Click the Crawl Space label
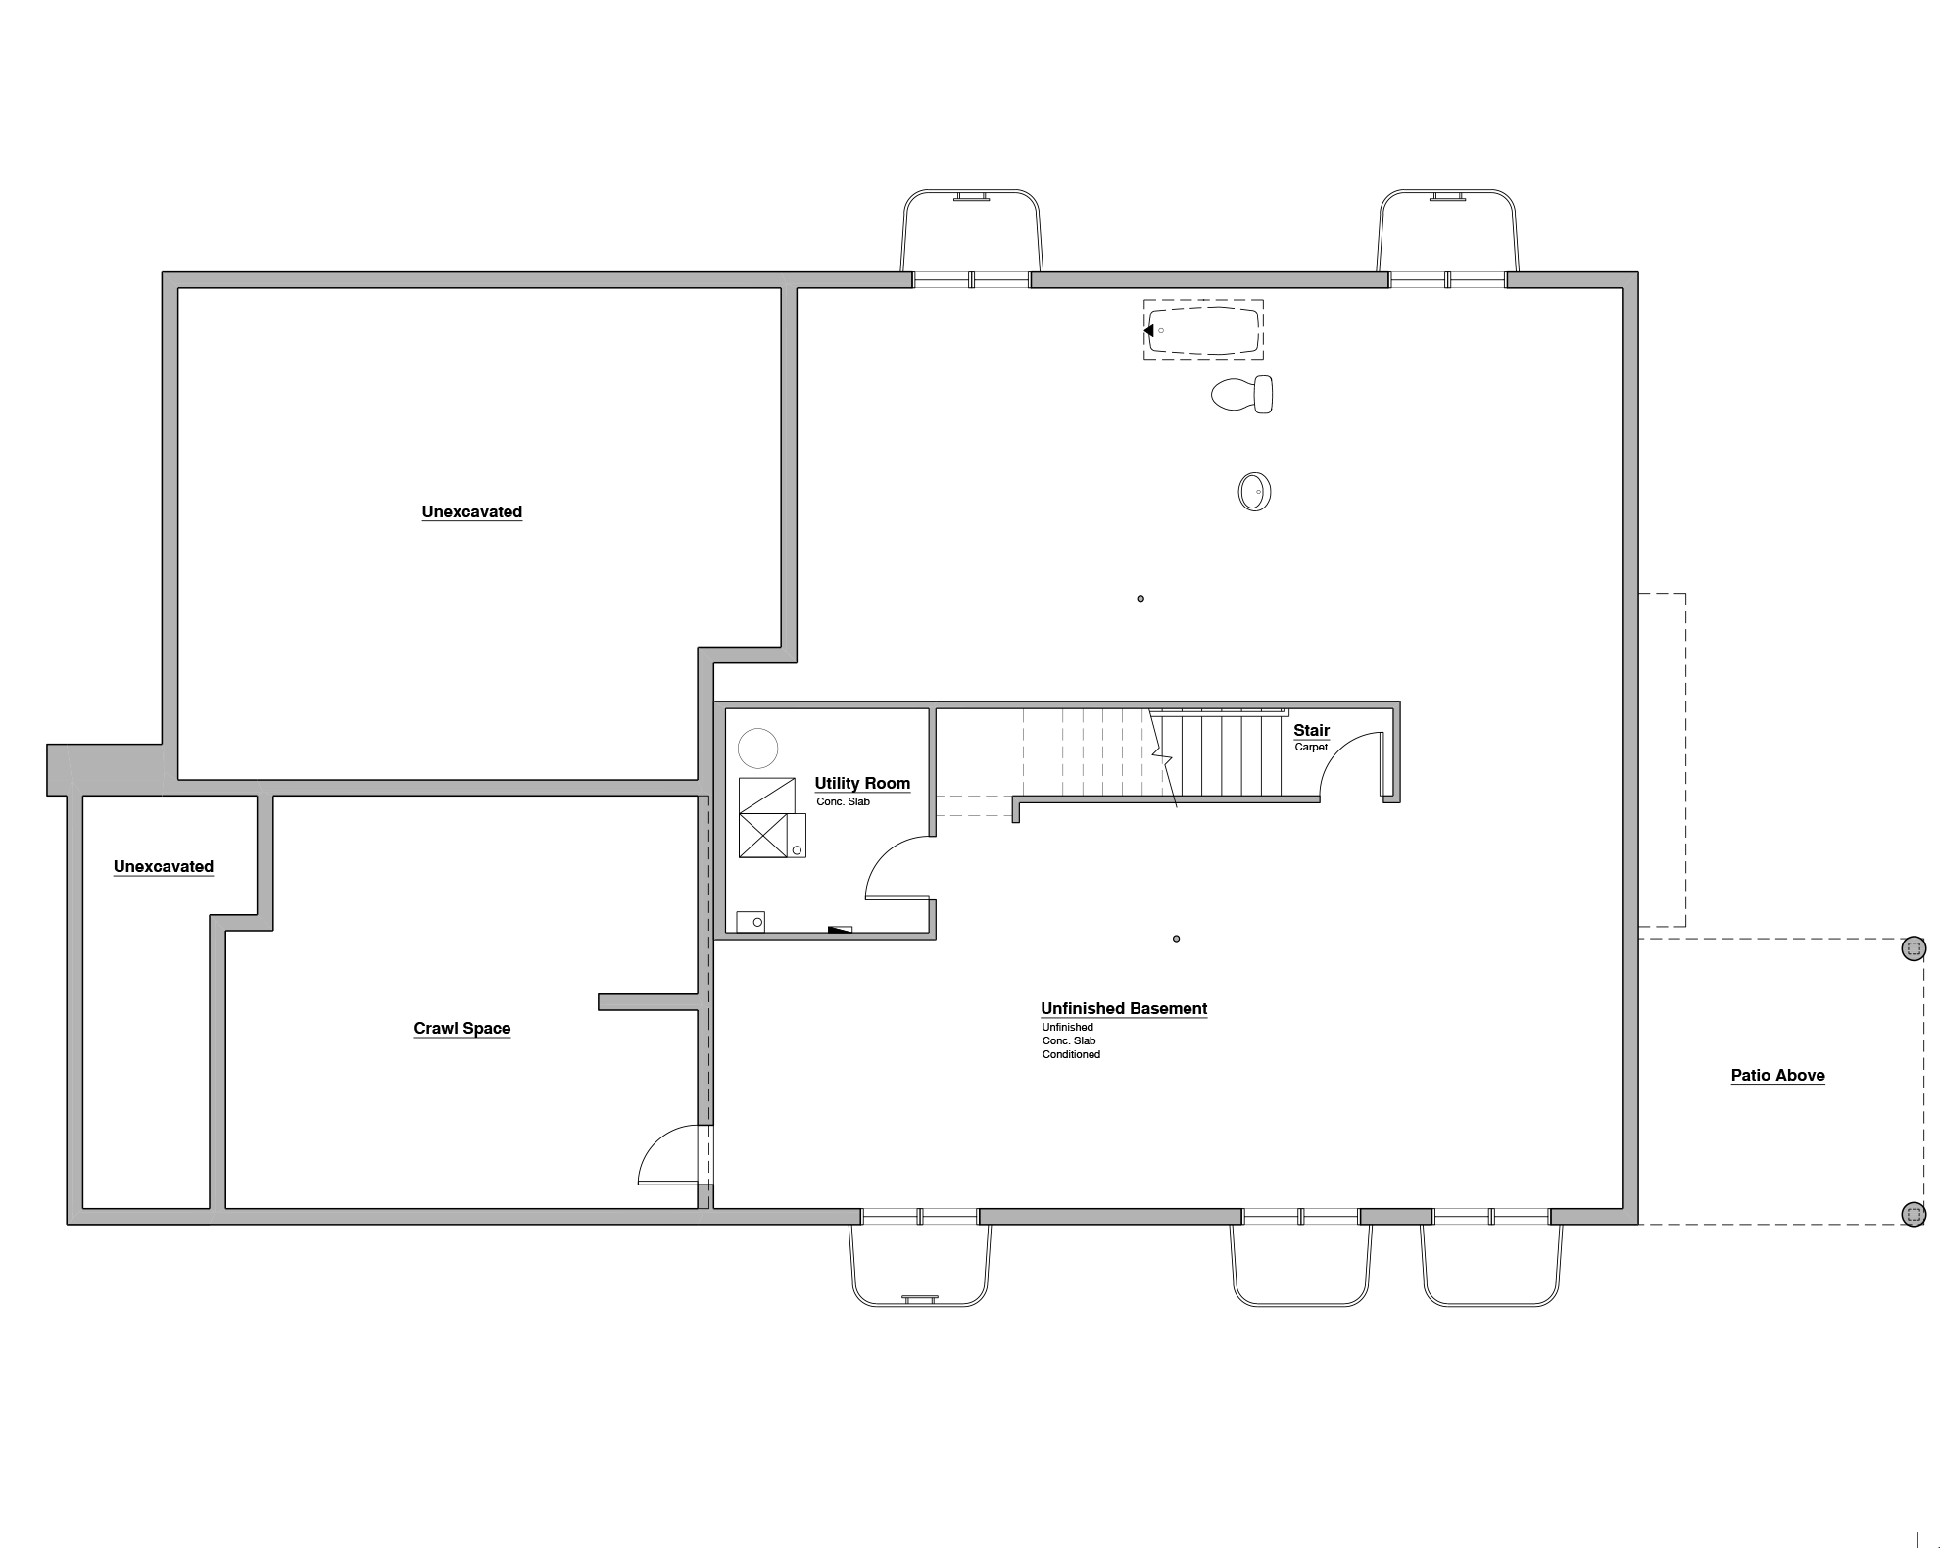click(461, 1028)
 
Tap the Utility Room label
click(862, 783)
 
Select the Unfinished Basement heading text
click(1123, 1008)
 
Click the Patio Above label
click(1777, 1075)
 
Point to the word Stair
click(1311, 730)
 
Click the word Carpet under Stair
click(1311, 748)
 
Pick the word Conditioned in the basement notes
click(1071, 1055)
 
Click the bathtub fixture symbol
click(1204, 330)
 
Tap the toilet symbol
click(1242, 395)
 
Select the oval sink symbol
click(1254, 492)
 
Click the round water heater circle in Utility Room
click(757, 749)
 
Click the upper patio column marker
click(1914, 948)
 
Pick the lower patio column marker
click(1914, 1214)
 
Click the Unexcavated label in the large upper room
click(471, 511)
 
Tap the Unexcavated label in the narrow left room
click(163, 866)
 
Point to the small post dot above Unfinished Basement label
click(1176, 939)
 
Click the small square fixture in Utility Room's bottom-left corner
click(751, 922)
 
